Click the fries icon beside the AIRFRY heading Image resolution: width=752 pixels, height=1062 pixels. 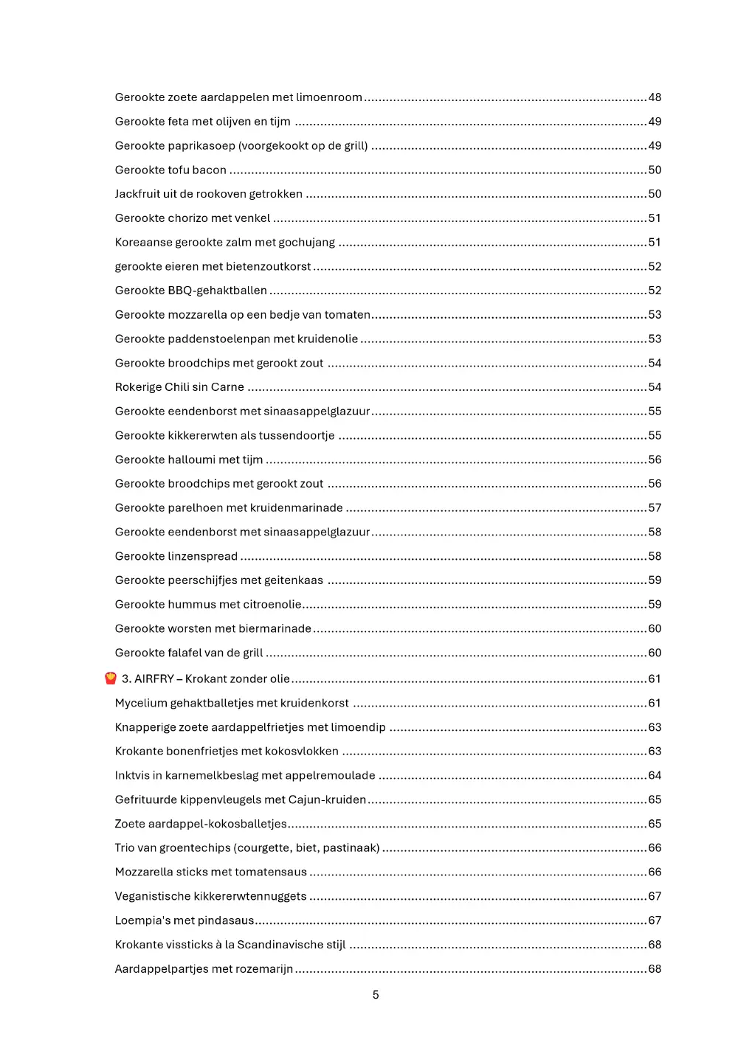pos(111,678)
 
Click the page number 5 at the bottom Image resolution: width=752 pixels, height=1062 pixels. pos(376,995)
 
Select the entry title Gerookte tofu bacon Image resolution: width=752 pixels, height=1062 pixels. pos(170,170)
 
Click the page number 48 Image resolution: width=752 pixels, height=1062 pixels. pos(655,97)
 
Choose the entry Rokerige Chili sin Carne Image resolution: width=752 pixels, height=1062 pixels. pos(179,387)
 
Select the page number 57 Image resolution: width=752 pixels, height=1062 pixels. pos(655,508)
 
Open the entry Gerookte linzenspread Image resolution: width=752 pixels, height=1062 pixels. pos(176,556)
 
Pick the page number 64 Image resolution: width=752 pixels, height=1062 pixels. pos(655,776)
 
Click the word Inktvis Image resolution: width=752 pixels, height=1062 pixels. pos(132,776)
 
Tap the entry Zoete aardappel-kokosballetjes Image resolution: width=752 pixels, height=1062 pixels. pos(201,824)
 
